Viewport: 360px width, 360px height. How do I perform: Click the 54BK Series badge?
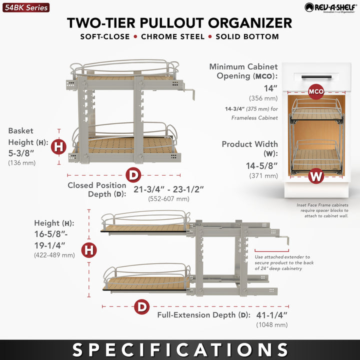[25, 7]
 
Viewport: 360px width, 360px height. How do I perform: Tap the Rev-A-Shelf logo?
[329, 7]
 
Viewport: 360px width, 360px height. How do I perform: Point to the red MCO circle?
[316, 92]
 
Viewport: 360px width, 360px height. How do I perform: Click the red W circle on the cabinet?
[315, 175]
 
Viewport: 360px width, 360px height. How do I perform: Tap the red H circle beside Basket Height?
[58, 146]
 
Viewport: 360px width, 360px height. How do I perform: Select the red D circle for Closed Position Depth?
[133, 175]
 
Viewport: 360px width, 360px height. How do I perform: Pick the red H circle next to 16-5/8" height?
[88, 249]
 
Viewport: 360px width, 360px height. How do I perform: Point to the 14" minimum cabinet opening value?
[270, 88]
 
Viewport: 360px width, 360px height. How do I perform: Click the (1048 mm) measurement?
[272, 325]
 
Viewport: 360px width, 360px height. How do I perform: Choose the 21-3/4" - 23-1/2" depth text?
[168, 189]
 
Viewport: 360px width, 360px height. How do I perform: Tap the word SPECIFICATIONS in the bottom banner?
[180, 349]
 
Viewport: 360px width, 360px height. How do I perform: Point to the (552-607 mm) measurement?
[168, 198]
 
